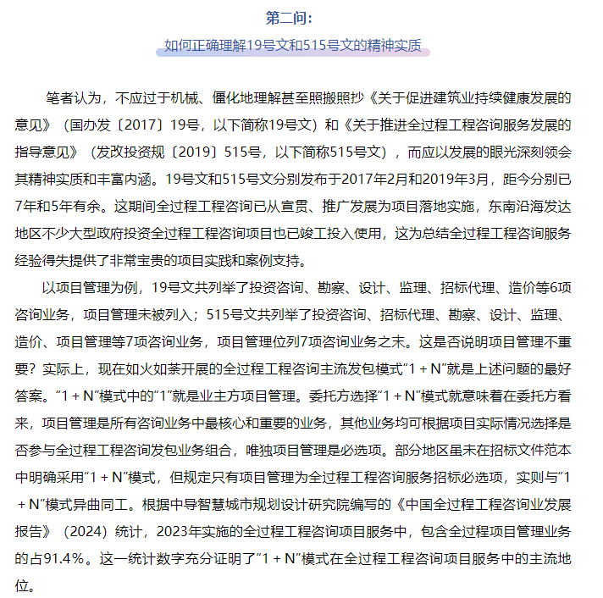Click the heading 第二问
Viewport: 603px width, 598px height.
click(291, 17)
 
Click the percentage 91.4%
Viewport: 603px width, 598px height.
click(65, 559)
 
